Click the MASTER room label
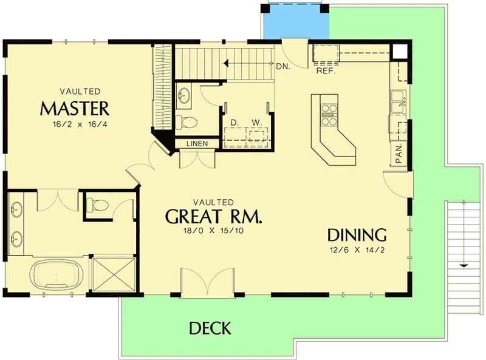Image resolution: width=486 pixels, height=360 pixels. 74,109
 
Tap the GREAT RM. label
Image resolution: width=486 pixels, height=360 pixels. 214,217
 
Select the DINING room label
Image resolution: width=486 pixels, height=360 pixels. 357,235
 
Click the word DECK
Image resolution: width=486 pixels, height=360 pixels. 210,328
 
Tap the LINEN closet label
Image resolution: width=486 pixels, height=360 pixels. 197,144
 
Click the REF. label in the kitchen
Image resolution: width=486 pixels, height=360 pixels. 326,70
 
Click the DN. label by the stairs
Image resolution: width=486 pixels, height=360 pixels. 282,67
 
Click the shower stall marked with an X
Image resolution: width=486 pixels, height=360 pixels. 112,274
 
